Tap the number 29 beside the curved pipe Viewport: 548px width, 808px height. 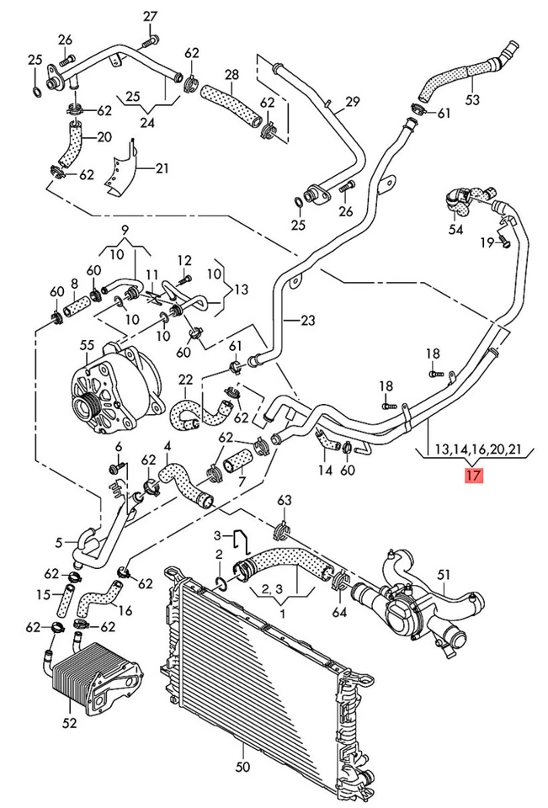[352, 102]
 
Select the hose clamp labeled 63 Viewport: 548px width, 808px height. [283, 531]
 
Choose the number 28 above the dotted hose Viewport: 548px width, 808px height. [232, 75]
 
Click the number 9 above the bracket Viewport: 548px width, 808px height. [125, 230]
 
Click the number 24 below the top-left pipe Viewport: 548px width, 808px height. [148, 123]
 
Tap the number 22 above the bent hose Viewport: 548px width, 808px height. [185, 380]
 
